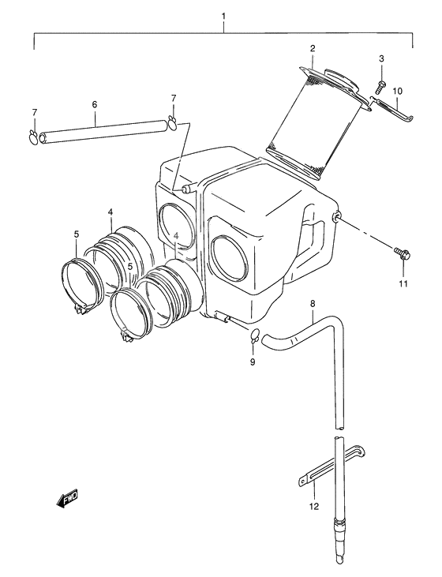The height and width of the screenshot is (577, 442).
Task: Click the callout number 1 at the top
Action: [x=223, y=17]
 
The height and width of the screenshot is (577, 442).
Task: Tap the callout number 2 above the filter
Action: [x=313, y=48]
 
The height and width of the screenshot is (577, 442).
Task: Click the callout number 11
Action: [x=403, y=283]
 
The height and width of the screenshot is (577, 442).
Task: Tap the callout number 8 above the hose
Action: [x=313, y=304]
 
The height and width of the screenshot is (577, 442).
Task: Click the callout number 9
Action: [x=253, y=362]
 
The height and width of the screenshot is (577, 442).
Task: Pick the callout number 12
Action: [x=314, y=506]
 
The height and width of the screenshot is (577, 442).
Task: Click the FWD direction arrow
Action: [x=67, y=498]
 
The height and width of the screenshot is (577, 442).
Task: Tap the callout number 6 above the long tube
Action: [x=95, y=104]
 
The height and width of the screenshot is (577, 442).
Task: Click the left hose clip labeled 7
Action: [x=32, y=136]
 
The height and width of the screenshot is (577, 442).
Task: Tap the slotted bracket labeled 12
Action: [x=331, y=466]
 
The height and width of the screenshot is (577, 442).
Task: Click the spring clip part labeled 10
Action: [x=391, y=108]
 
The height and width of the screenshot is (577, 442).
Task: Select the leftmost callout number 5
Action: [x=77, y=234]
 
